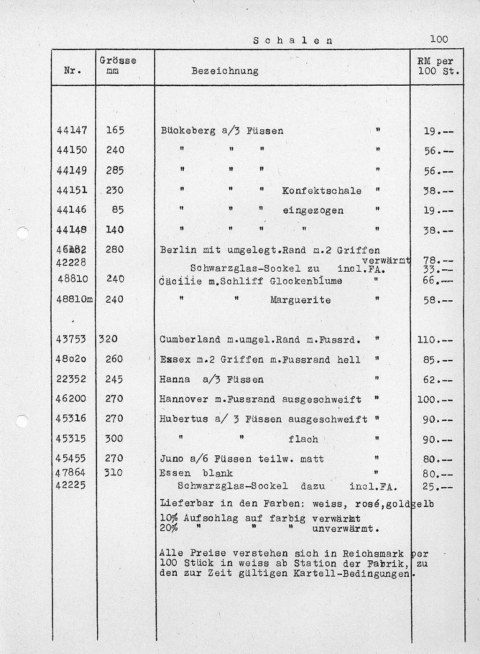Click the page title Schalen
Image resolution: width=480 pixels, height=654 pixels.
[x=293, y=40]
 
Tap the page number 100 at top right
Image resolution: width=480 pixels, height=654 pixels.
[x=439, y=39]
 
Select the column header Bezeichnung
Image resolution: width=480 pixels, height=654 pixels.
[x=225, y=71]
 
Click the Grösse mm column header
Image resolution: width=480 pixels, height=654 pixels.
[x=118, y=66]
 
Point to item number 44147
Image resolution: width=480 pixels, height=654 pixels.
[x=72, y=130]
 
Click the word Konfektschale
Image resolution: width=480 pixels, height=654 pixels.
[x=322, y=191]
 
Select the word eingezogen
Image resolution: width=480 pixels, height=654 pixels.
[x=313, y=211]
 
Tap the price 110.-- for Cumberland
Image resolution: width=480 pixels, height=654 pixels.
[x=435, y=340]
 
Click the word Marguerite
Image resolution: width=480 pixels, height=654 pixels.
[x=300, y=300]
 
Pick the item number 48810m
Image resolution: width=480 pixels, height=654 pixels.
[x=74, y=299]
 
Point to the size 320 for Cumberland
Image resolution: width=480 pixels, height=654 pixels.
[x=108, y=339]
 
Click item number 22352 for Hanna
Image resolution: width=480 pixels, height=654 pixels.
[x=71, y=379]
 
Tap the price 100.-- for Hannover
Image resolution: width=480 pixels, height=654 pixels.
[x=435, y=400]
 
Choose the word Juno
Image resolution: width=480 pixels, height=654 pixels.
[x=171, y=459]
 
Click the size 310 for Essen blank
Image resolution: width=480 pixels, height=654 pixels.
[x=113, y=473]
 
